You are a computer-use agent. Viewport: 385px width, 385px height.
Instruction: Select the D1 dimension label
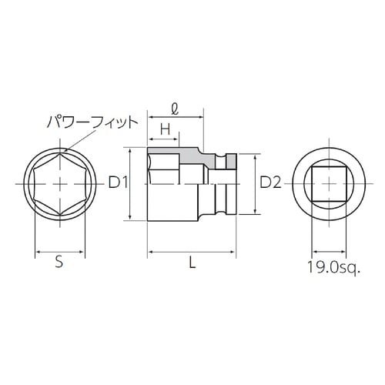(x=119, y=183)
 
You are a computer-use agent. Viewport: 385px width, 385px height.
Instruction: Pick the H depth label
(x=164, y=127)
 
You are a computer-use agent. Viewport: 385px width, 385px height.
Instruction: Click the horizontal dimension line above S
(x=59, y=251)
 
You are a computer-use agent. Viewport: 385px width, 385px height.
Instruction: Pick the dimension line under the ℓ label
(x=177, y=118)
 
